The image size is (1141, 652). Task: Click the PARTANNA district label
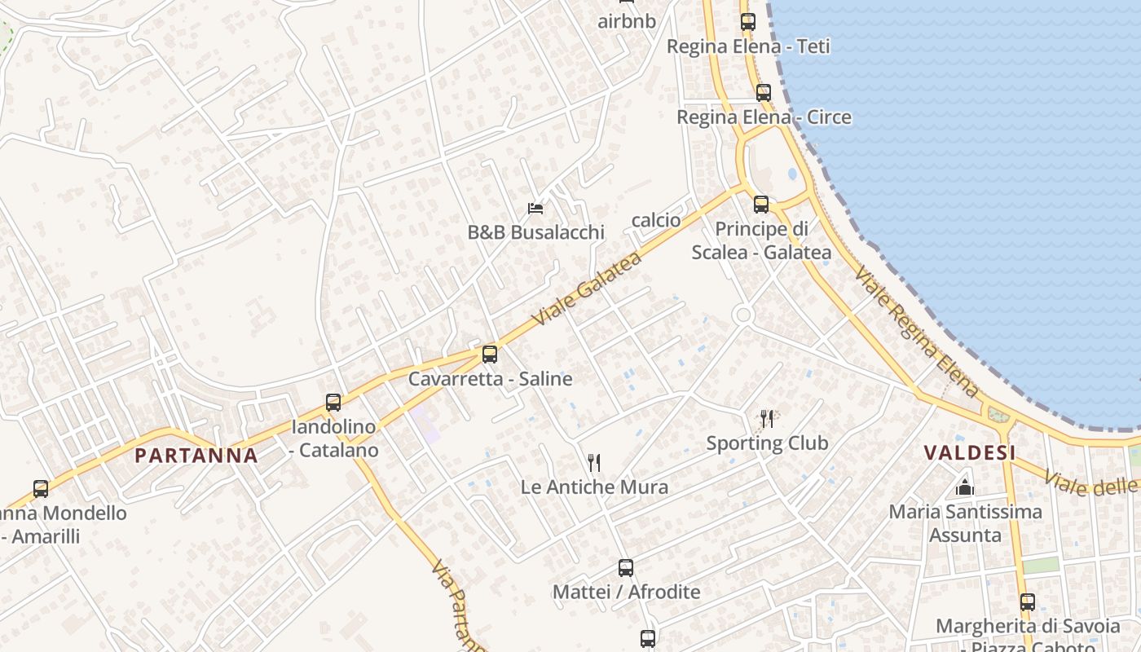(196, 455)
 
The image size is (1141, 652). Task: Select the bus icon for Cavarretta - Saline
(490, 355)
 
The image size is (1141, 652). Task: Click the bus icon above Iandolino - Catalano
(333, 402)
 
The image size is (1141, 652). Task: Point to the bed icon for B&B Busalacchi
(535, 209)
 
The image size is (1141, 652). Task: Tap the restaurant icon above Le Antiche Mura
(594, 463)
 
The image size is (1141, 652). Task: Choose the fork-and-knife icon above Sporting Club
(767, 419)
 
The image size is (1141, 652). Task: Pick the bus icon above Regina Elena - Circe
(764, 93)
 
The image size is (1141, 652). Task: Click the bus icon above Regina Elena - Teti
(748, 22)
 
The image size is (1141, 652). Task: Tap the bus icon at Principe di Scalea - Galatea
(761, 205)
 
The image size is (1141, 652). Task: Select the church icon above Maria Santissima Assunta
(965, 487)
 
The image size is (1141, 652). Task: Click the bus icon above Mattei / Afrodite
(626, 568)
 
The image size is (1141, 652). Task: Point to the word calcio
(656, 220)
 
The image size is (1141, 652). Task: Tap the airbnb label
(627, 21)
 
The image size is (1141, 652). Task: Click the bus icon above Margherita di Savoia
(1028, 602)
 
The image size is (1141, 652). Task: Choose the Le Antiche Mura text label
(594, 487)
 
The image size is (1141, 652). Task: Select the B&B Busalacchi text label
(535, 232)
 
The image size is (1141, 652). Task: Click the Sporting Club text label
(767, 443)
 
